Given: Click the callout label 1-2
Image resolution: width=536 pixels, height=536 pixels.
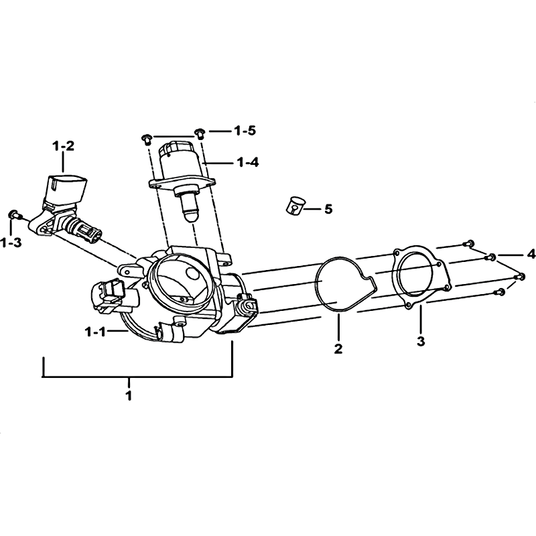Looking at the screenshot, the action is point(63,146).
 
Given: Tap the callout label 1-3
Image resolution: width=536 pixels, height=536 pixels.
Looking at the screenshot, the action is point(11,243).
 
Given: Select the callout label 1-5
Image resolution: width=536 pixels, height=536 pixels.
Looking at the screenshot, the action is point(245,131).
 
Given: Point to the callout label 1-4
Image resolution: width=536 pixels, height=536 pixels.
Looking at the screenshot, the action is point(248,162).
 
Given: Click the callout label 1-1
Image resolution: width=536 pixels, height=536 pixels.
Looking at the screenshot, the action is point(95,331).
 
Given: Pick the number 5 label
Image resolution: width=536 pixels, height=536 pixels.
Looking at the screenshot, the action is point(328,209).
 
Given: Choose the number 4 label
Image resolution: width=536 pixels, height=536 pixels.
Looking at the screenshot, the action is point(531,255).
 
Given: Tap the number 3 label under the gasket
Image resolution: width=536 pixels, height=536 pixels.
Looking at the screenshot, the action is point(421,341).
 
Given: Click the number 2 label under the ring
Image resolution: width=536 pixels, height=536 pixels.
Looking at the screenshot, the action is point(338,348).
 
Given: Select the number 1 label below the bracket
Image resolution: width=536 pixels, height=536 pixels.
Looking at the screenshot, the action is point(129,395).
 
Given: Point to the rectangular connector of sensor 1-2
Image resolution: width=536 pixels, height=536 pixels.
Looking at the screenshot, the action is point(66,188).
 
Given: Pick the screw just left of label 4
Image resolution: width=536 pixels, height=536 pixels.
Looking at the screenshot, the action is point(490,257).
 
